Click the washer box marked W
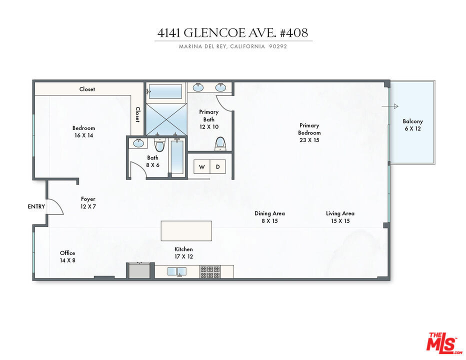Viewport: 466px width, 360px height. click(x=202, y=167)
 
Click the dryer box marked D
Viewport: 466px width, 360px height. click(x=218, y=167)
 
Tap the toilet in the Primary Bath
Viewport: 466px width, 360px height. click(x=220, y=143)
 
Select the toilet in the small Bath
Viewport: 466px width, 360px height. click(x=160, y=144)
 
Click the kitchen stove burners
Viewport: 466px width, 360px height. click(x=210, y=272)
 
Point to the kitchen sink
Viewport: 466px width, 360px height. click(x=177, y=271)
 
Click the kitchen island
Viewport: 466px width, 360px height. click(x=186, y=230)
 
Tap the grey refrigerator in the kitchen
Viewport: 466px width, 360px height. click(x=139, y=271)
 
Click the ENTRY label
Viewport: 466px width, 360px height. click(x=36, y=206)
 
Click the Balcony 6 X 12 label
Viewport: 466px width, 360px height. click(x=413, y=125)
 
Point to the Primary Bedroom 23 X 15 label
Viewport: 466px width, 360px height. click(x=309, y=132)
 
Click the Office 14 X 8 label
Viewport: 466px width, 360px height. click(x=67, y=256)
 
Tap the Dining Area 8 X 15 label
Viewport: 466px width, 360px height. click(x=269, y=217)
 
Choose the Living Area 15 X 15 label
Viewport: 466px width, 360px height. click(x=340, y=217)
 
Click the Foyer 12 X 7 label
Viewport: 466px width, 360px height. click(x=88, y=202)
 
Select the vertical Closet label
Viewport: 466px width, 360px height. click(x=137, y=114)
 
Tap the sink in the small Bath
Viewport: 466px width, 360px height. click(x=138, y=143)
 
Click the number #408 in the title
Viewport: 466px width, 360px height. click(x=294, y=32)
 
